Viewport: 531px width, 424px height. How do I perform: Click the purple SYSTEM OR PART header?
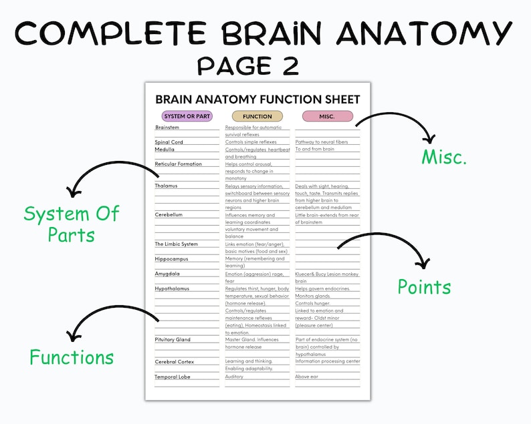pos(187,116)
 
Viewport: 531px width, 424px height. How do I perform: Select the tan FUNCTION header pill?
pos(257,116)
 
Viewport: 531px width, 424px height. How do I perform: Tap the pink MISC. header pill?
pos(327,116)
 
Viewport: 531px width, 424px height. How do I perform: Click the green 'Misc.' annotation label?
pos(444,158)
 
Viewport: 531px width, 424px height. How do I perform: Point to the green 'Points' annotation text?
pos(424,286)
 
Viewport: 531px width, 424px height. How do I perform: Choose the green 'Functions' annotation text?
pos(72,357)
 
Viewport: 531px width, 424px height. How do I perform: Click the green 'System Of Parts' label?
pos(71,224)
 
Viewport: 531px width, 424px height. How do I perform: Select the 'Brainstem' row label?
pos(167,127)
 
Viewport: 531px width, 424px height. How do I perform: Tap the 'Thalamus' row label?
pos(167,186)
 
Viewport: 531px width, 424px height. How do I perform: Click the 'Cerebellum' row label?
pos(169,215)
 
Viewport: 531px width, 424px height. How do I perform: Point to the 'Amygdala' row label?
pos(167,273)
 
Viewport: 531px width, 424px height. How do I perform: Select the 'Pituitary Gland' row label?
pos(173,339)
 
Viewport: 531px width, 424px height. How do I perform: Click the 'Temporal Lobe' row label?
pos(173,377)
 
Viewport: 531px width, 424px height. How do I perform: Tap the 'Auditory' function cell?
pos(234,377)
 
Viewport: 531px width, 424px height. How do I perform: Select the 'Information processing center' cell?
pos(328,361)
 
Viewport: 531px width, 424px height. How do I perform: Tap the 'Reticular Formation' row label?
pos(178,164)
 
